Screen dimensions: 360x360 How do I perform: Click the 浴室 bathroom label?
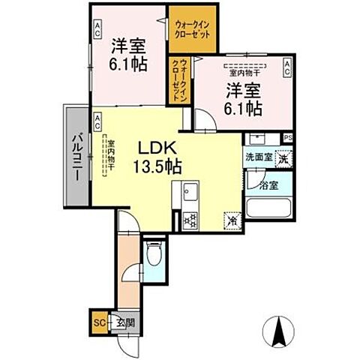(x=268, y=184)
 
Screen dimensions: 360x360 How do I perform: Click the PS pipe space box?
(x=288, y=137)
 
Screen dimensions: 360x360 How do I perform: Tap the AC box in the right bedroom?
(x=288, y=69)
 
